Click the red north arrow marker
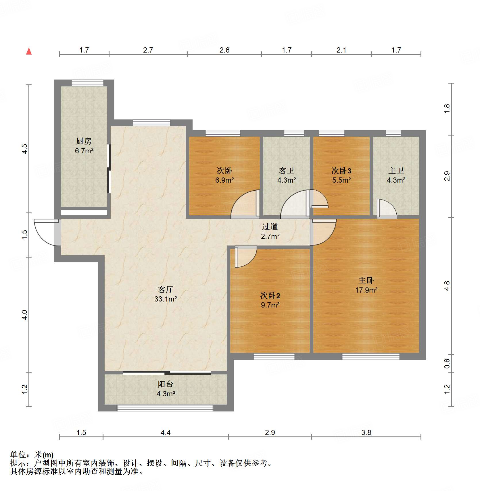[29, 51]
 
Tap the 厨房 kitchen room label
[84, 141]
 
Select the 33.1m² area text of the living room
[166, 299]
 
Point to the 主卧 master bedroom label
[366, 280]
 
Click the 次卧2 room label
[270, 295]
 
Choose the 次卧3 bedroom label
[341, 171]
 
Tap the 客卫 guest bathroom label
[287, 171]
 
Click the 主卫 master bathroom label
[396, 171]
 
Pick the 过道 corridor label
[270, 227]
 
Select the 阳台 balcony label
[166, 384]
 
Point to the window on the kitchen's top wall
[87, 83]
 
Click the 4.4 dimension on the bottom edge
[166, 432]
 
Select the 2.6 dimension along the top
[224, 50]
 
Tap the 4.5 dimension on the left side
[25, 149]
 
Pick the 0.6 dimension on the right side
[447, 364]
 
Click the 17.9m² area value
[366, 290]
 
